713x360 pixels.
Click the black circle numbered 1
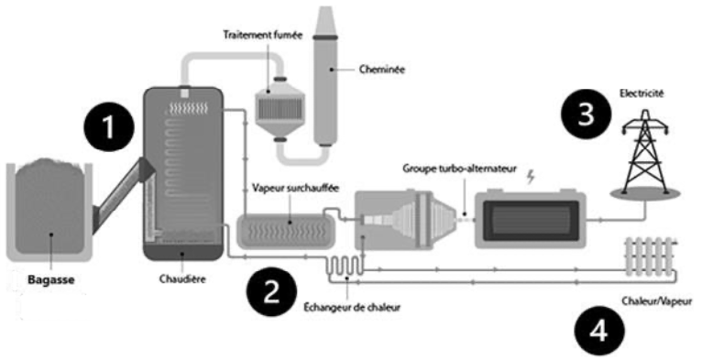pos(109,127)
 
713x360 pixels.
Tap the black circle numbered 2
pos(271,292)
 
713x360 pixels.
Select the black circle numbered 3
pos(586,114)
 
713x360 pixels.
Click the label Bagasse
pos(50,279)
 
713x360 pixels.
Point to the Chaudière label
pos(182,278)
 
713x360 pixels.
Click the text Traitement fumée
pos(262,35)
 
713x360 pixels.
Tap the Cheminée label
pos(382,70)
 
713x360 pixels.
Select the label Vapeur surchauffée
pos(296,188)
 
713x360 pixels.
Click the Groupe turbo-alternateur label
pos(460,169)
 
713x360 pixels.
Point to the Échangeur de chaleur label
pos(352,308)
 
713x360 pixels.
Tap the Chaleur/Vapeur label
pos(657,301)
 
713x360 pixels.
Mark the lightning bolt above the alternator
pos(530,178)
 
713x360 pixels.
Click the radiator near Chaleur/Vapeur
pos(650,256)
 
